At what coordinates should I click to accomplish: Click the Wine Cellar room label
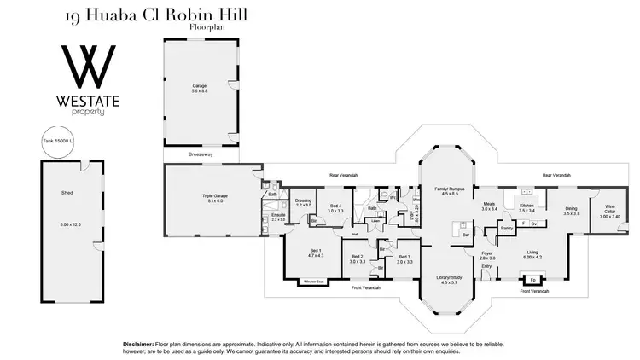(x=609, y=209)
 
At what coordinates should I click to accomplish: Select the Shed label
(x=67, y=193)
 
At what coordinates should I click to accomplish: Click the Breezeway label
(x=201, y=154)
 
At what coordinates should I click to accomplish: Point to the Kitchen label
(x=527, y=206)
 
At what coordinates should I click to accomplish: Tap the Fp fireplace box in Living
(x=532, y=279)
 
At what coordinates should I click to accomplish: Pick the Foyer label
(x=487, y=253)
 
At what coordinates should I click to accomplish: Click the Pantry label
(x=506, y=229)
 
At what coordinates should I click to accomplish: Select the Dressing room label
(x=303, y=202)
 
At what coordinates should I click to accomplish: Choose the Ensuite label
(x=278, y=217)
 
